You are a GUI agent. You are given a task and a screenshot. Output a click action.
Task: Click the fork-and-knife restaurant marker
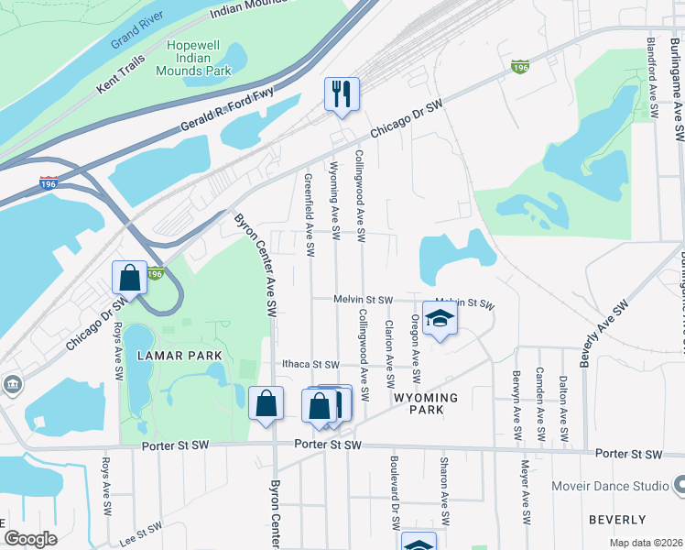coord(342,93)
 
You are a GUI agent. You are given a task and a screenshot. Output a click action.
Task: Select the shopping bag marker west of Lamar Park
coord(130,278)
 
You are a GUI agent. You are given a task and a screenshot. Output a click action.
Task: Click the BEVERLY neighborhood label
coord(617,519)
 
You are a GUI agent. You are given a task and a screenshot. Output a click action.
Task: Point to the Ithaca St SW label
coord(310,365)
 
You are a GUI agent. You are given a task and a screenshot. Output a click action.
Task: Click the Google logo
coord(30,539)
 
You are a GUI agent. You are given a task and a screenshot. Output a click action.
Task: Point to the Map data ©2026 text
coord(645,543)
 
